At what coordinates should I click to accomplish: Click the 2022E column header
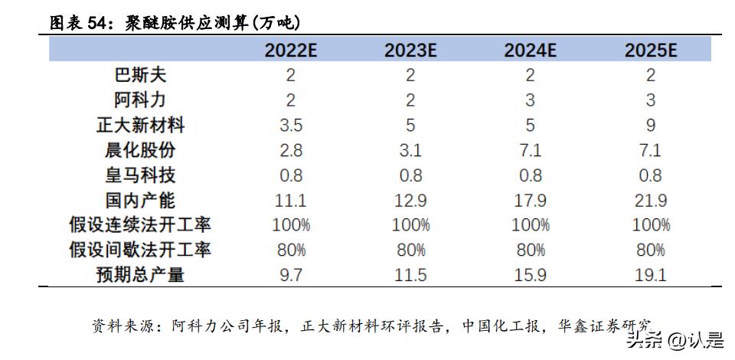(x=291, y=51)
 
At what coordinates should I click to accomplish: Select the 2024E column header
(x=530, y=51)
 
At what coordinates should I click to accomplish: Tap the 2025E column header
(x=651, y=51)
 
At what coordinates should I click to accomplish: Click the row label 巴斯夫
(x=140, y=75)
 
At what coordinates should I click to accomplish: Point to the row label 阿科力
(x=140, y=100)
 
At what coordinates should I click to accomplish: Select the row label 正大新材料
(x=140, y=125)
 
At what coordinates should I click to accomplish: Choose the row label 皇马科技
(x=140, y=175)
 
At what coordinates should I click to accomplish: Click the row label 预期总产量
(x=140, y=275)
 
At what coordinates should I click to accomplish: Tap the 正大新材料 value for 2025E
(x=651, y=125)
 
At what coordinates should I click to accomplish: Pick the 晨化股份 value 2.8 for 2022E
(x=291, y=150)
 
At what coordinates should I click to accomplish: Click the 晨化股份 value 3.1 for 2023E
(x=410, y=150)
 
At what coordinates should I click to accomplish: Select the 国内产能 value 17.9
(x=530, y=201)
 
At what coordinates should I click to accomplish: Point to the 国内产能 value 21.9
(x=651, y=201)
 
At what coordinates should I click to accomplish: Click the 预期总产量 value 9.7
(x=291, y=275)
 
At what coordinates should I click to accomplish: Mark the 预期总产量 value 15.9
(x=530, y=275)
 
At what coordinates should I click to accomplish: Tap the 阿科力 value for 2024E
(x=530, y=100)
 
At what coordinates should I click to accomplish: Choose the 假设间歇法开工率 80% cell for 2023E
(x=410, y=250)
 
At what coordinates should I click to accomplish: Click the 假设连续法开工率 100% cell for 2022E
(x=291, y=225)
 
